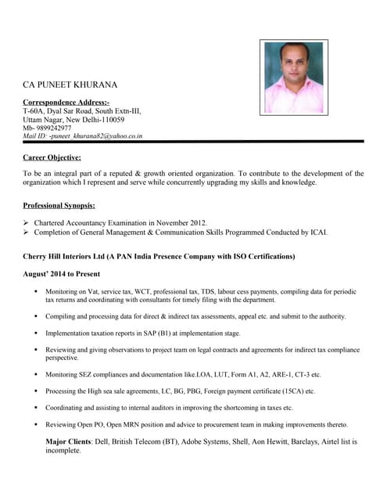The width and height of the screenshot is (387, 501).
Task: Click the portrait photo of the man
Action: click(293, 77)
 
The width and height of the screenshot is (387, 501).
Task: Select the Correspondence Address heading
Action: click(66, 103)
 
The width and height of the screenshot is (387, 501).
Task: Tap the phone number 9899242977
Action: click(52, 128)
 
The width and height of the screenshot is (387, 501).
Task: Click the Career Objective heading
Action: click(52, 157)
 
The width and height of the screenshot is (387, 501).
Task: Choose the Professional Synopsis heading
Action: click(59, 205)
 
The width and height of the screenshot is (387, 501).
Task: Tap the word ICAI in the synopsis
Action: click(319, 232)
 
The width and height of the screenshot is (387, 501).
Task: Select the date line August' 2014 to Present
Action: click(62, 274)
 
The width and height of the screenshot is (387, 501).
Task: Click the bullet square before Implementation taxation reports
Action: click(36, 333)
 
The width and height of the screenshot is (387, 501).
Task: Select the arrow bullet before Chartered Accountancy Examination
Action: click(27, 223)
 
